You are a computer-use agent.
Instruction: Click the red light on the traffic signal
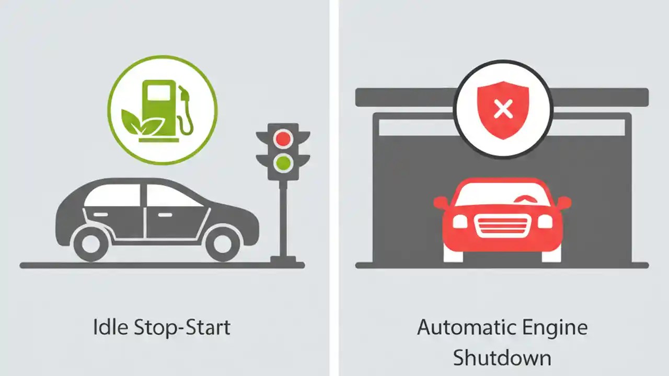283,138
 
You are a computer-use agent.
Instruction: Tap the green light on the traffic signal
283,163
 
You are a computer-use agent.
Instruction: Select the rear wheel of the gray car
90,243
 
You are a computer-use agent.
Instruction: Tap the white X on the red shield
503,109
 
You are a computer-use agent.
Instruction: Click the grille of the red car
502,225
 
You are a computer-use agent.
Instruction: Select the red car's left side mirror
441,202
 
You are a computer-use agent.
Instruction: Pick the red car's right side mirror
563,202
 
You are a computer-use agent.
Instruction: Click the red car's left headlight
460,221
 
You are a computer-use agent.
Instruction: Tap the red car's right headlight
545,221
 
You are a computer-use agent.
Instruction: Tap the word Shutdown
502,358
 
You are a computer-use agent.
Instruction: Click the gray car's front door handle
166,215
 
